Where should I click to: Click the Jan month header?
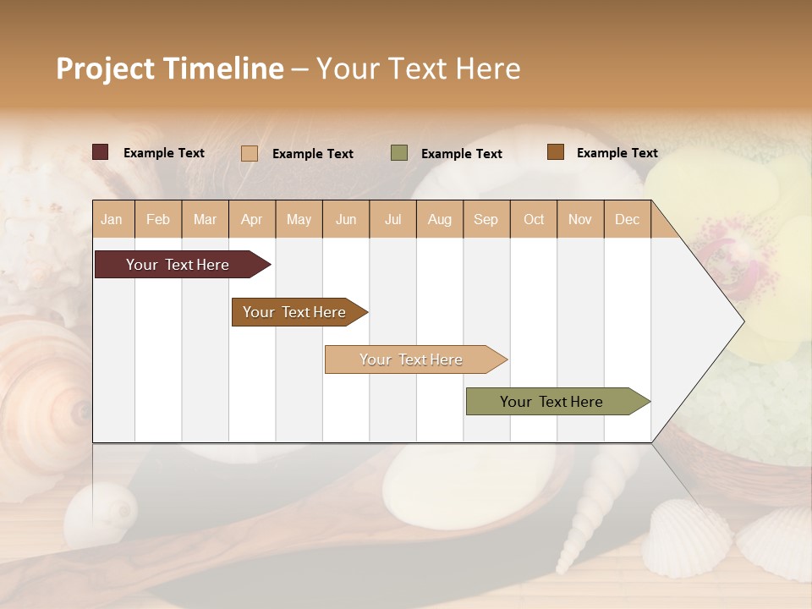pos(112,219)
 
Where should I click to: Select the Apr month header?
pos(251,219)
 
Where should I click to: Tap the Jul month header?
pos(392,219)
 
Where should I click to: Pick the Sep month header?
pos(486,219)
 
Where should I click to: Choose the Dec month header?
pos(627,219)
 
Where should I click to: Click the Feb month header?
pos(158,219)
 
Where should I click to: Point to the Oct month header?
pos(534,219)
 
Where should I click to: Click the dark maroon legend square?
pos(101,152)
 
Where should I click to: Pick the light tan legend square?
pos(250,153)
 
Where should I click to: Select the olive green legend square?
pos(399,153)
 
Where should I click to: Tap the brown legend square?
pos(555,152)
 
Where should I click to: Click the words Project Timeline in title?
pos(169,69)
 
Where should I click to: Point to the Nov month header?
pos(580,219)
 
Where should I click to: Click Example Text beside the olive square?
pos(461,153)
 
